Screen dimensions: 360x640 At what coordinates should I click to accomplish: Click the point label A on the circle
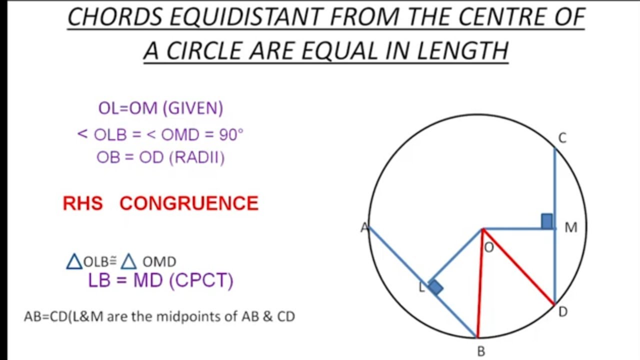[x=364, y=228]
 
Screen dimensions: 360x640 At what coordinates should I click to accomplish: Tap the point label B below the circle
[x=481, y=351]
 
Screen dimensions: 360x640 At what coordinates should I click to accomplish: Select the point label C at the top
[x=562, y=138]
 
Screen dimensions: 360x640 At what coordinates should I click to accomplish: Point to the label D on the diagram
[x=563, y=312]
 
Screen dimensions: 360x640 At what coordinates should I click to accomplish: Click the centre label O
[x=489, y=247]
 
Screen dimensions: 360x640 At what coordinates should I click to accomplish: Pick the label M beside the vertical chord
[x=570, y=228]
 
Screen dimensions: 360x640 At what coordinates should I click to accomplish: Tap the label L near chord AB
[x=421, y=287]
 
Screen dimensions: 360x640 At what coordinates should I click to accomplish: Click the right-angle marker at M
[x=547, y=221]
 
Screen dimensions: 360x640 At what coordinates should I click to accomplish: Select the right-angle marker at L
[x=435, y=287]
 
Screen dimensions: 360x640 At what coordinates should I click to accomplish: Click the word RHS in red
[x=82, y=203]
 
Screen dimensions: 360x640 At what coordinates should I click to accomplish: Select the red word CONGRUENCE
[x=189, y=203]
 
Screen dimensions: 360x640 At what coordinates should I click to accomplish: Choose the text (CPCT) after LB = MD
[x=201, y=280]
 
